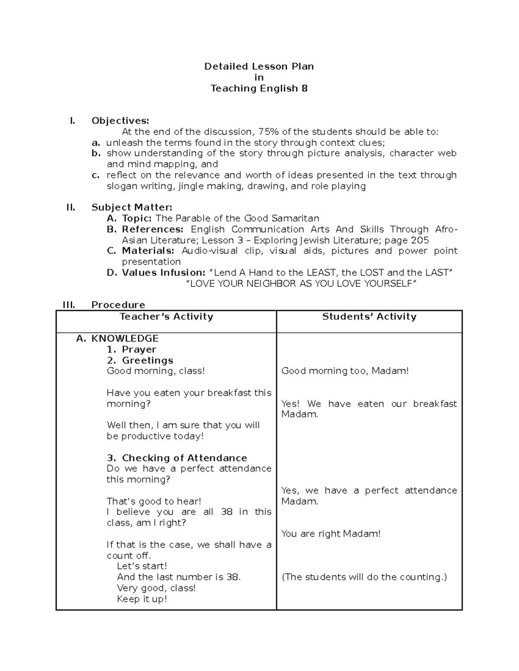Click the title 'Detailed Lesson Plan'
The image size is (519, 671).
[259, 67]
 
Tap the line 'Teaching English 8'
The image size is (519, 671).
[259, 89]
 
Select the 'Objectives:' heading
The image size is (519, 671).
[120, 121]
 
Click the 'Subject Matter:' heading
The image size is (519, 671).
[131, 207]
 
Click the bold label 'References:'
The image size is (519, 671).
[153, 229]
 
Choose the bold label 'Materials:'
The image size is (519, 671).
[148, 251]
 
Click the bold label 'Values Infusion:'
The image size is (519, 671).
[163, 273]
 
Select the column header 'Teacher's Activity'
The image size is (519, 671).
[166, 317]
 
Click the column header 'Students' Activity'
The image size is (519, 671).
[369, 317]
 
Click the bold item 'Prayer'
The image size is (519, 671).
[139, 350]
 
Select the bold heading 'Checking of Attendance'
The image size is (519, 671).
[184, 458]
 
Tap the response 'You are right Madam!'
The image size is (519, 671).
[331, 534]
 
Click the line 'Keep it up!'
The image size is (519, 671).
[142, 599]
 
